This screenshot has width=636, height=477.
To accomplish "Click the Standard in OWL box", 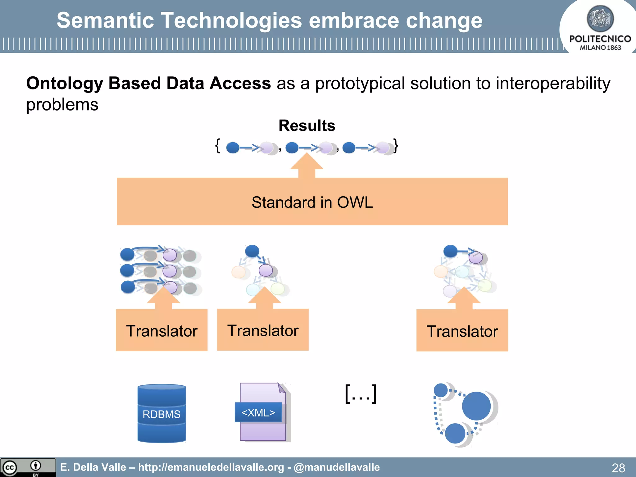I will (x=312, y=202).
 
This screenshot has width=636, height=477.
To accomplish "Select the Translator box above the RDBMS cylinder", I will (x=161, y=330).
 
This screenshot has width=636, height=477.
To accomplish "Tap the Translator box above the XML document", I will (x=263, y=330).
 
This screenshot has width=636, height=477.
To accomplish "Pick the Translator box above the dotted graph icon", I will (x=462, y=331).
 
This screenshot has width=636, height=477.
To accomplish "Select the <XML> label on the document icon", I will (x=258, y=412).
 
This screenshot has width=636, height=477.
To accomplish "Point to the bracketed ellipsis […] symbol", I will (x=361, y=394).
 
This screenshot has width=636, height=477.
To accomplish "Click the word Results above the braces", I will (x=307, y=125).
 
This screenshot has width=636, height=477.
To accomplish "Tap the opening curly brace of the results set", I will (x=218, y=146).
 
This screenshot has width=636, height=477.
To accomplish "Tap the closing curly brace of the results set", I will (x=396, y=146).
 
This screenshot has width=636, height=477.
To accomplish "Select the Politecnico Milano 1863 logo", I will (x=600, y=28).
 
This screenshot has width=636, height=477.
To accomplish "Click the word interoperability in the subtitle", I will (x=553, y=83).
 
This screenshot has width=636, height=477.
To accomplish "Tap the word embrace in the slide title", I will (x=354, y=20).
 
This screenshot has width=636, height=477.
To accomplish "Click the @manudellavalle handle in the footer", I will (x=337, y=467).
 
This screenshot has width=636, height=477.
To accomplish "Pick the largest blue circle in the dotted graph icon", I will (x=476, y=406).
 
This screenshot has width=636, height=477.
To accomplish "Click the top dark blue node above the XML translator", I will (x=252, y=251).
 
